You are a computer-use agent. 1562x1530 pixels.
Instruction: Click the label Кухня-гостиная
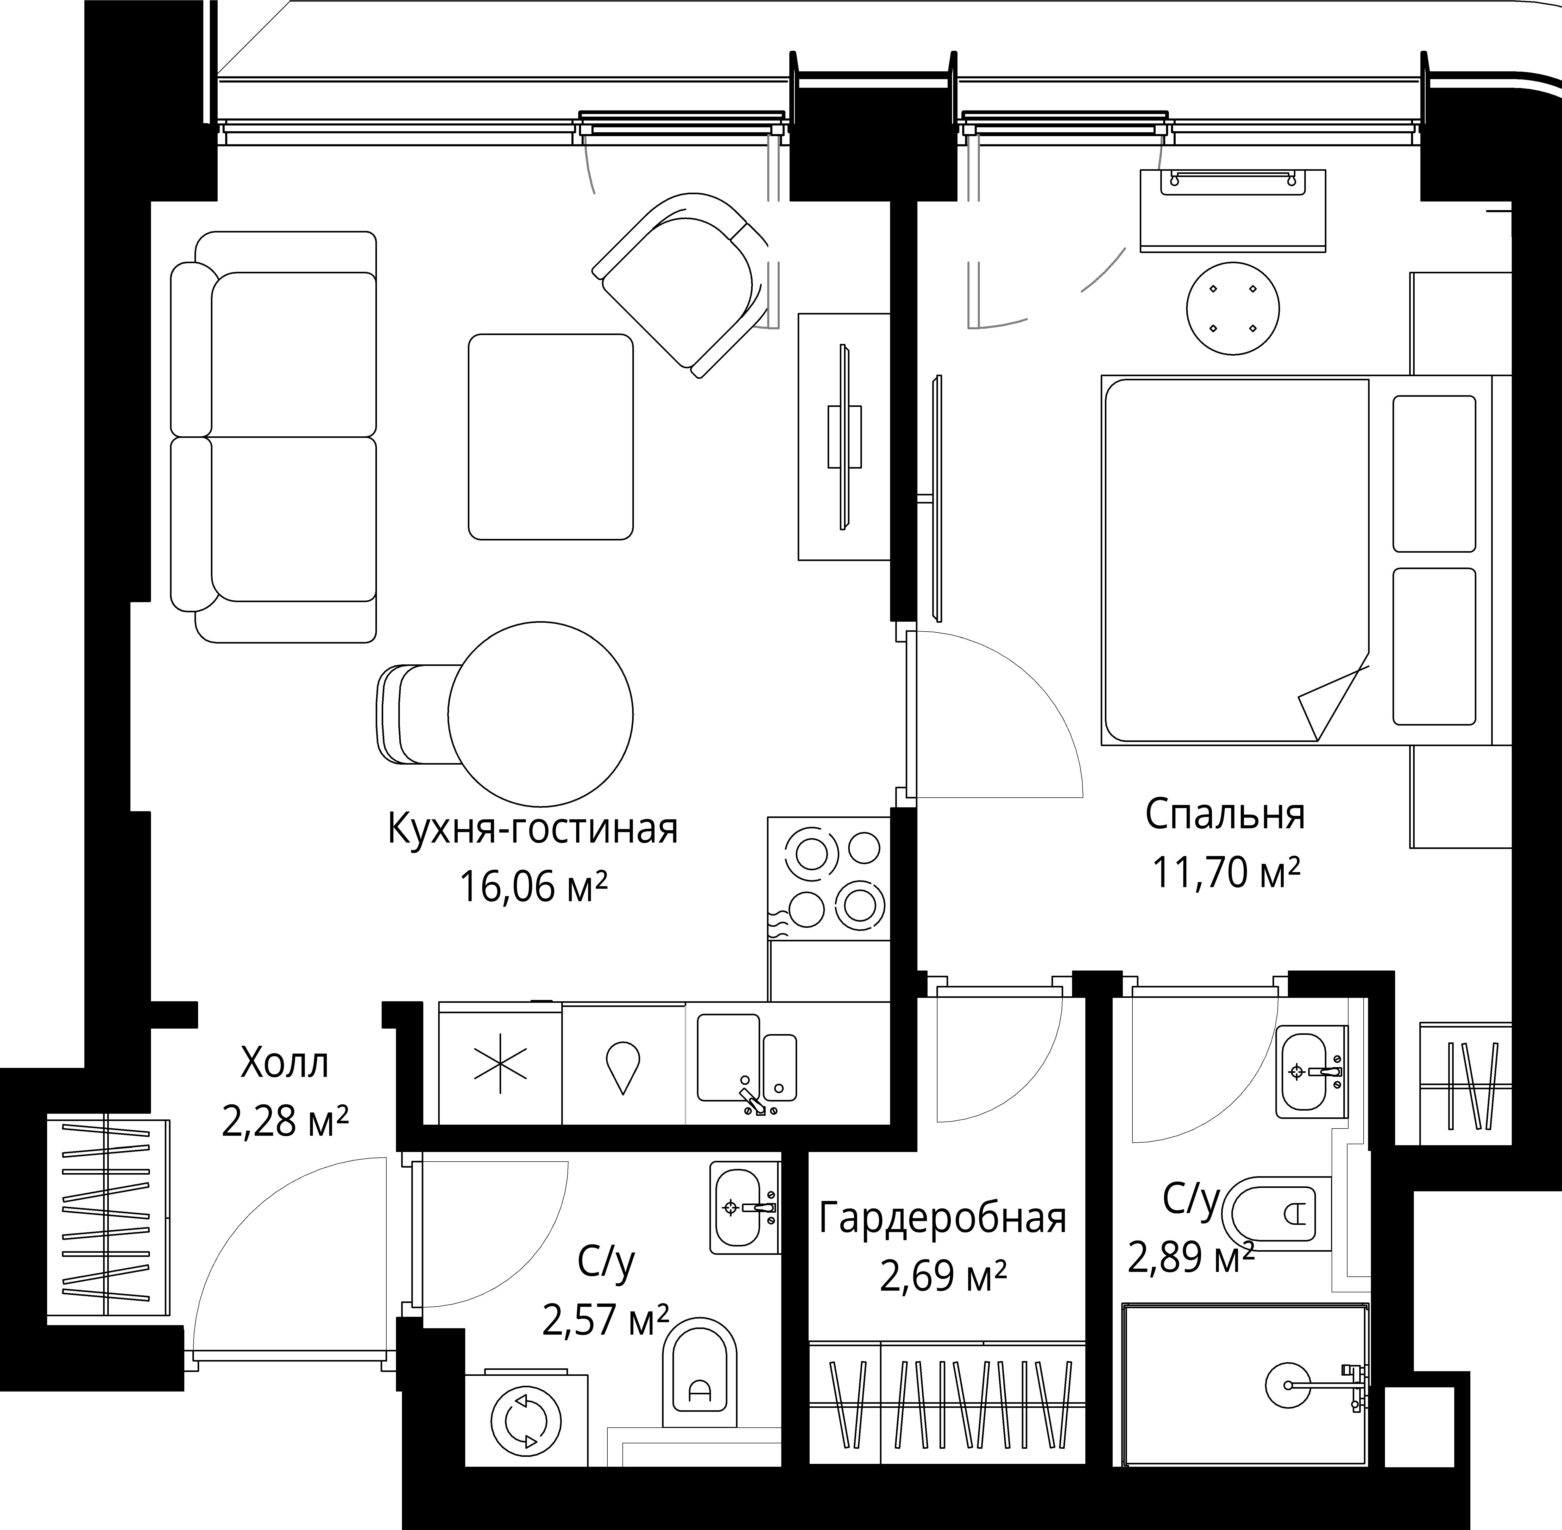pos(533,829)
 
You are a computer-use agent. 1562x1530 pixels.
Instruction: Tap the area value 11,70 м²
pos(1226,872)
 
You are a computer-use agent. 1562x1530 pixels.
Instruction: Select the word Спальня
pos(1225,815)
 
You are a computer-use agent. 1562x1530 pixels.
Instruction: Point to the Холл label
pos(285,1065)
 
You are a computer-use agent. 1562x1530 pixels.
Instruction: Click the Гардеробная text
pos(942,1219)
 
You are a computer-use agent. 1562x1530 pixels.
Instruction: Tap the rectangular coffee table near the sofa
pos(550,436)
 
